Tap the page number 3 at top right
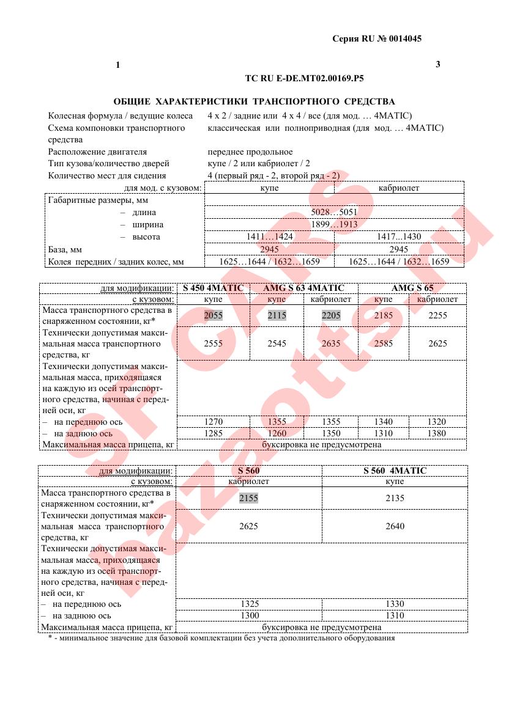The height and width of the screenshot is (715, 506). point(437,64)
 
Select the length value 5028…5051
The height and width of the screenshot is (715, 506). point(334,213)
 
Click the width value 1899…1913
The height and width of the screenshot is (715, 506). point(334,225)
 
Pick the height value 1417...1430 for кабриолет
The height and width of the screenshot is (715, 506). point(400,237)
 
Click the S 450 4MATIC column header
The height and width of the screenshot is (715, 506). point(213,288)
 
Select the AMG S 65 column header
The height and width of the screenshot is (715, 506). point(412,288)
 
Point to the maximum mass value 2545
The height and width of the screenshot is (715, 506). point(277,344)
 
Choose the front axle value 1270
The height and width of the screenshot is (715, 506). point(214,422)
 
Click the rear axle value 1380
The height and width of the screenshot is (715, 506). point(437,433)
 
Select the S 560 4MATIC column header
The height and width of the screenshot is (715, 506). point(395,471)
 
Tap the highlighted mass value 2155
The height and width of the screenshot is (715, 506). point(248,498)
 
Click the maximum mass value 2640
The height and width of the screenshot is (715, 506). point(395,526)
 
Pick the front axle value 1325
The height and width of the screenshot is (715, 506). point(248,604)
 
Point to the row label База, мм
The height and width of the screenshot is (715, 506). point(65,249)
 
